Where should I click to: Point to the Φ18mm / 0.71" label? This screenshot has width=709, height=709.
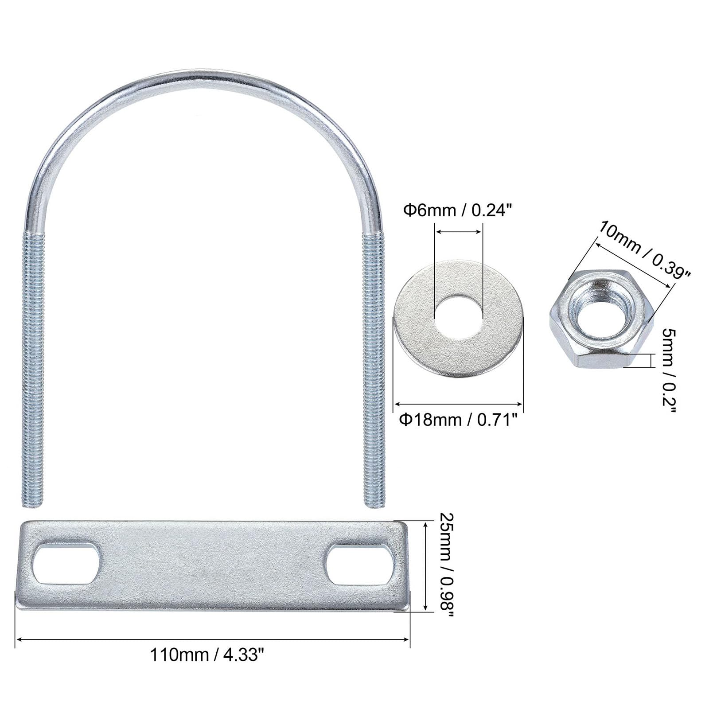click(458, 419)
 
